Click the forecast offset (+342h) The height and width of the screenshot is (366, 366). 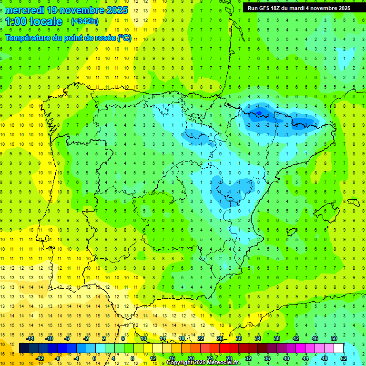coord(85,21)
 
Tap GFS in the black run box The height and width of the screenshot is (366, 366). coord(268,8)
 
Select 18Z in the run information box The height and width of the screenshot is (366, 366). coord(281,8)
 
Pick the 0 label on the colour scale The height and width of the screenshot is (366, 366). coord(94,358)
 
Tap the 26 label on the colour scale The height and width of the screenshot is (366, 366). coord(219,338)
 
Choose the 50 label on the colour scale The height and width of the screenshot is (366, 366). coord(334,338)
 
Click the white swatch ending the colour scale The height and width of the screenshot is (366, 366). coord(339,348)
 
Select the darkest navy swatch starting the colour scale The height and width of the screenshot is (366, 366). coord(24,348)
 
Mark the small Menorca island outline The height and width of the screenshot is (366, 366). coord(353,202)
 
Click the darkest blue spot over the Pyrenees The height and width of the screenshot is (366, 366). coord(259,113)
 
